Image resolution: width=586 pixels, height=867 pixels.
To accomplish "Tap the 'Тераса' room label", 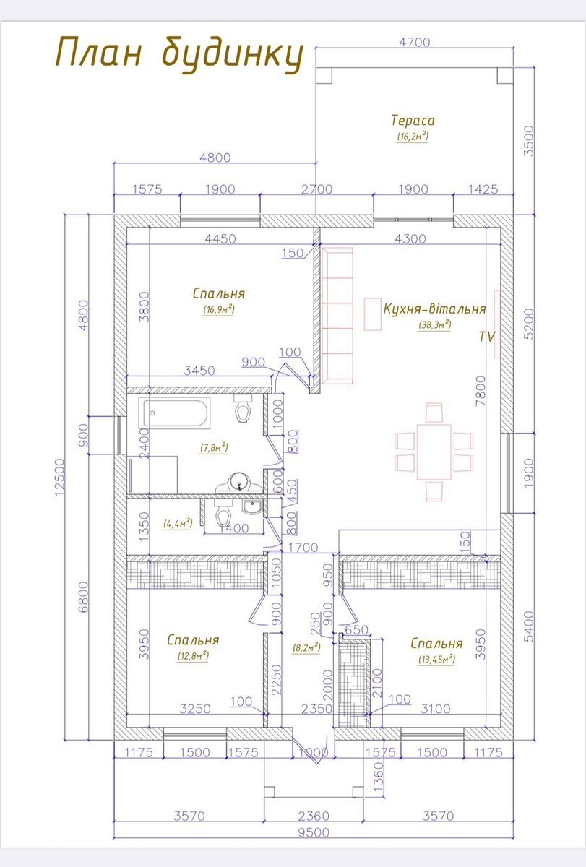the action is (413, 121).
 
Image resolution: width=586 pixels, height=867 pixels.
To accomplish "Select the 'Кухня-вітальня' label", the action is (434, 309).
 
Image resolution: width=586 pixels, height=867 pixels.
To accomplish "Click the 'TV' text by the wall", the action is (487, 337).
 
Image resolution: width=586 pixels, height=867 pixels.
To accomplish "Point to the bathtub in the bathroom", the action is (175, 413).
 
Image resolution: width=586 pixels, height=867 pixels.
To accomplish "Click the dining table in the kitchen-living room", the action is (434, 452).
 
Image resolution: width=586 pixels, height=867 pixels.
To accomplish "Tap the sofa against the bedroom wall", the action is (337, 316).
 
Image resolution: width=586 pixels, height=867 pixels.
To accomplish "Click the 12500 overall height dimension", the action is (59, 478).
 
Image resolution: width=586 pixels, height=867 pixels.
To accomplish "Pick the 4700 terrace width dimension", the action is (415, 42).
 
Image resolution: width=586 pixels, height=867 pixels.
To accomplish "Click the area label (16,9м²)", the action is (219, 310).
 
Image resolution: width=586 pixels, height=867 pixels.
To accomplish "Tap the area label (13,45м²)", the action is (436, 659).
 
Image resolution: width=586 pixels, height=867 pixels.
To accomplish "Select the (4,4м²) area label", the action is (178, 524).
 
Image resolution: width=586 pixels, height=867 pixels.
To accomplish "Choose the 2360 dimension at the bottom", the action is (314, 816).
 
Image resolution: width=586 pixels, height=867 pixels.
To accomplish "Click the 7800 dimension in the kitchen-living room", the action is (481, 391).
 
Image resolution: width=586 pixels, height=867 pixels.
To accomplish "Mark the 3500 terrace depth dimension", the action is (528, 141).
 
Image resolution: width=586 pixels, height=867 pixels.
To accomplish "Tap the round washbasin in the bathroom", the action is (238, 483).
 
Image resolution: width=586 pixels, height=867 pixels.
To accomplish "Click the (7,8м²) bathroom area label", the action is (214, 447).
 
